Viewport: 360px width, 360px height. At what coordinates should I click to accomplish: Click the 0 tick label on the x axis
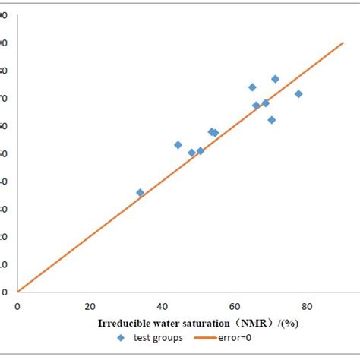coord(17,306)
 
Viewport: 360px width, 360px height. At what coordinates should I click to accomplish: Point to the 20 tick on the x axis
coord(90,306)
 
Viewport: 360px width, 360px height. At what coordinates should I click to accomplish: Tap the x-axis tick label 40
coord(162,306)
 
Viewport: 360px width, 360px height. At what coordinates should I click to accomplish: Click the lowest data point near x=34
coord(140,193)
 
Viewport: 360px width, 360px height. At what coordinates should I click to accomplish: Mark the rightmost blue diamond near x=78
coord(298,94)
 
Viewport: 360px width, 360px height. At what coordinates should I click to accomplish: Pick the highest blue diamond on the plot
coord(275,79)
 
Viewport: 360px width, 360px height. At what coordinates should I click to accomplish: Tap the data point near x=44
coord(178,145)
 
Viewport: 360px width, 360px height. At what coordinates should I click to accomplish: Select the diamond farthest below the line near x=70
coord(271,120)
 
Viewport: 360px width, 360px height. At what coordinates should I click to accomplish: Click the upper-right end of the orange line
coord(343,43)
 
